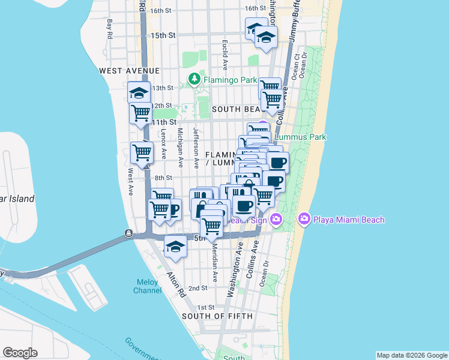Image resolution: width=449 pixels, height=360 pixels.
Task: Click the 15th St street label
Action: tap(163, 36)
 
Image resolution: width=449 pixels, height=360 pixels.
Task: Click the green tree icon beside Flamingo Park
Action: tap(194, 79)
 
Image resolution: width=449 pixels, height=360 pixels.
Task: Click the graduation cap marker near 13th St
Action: tap(139, 93)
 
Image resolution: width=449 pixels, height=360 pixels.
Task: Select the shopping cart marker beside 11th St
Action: tap(141, 112)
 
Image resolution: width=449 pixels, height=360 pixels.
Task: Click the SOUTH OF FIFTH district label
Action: tap(217, 316)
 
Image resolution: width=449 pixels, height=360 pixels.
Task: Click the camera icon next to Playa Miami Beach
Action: tap(304, 219)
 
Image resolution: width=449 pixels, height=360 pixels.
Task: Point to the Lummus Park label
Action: tap(300, 137)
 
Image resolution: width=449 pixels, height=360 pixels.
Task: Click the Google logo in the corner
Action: tap(20, 353)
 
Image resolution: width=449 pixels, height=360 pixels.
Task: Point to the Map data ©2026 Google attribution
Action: tap(412, 355)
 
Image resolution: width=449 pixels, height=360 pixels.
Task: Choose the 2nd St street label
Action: tap(198, 288)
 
